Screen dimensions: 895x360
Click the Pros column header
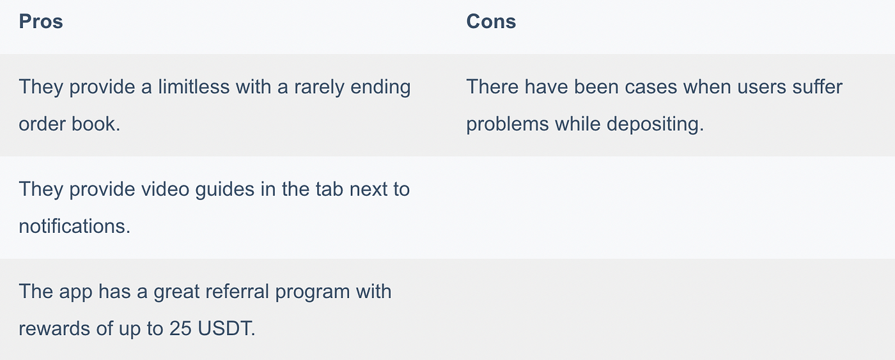click(41, 21)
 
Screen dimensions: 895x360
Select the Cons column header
click(491, 21)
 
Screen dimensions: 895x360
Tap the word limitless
click(194, 87)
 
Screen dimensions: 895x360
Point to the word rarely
click(319, 88)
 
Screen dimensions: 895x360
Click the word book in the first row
click(96, 124)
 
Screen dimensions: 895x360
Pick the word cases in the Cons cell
click(651, 87)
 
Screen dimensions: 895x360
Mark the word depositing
click(655, 124)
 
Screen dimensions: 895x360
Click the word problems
click(508, 124)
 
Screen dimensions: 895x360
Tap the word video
click(166, 189)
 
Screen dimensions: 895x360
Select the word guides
click(225, 190)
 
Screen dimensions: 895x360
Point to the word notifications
click(75, 226)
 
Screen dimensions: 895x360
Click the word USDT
click(226, 329)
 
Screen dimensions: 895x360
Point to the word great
click(176, 292)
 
